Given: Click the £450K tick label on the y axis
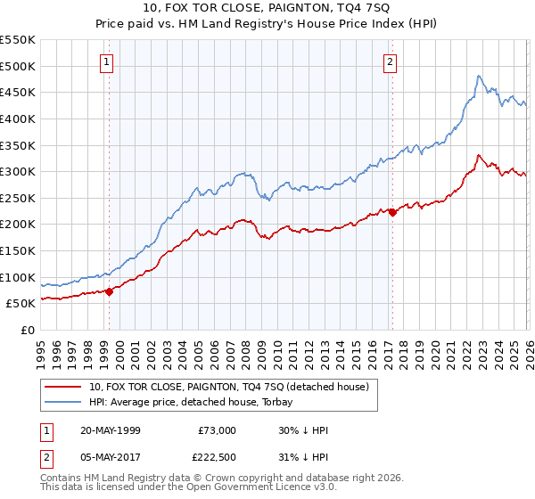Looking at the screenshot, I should (18, 92).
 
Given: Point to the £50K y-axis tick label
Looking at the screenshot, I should (21, 304).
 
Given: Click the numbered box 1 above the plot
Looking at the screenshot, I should (107, 61).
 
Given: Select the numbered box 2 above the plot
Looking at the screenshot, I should (391, 61).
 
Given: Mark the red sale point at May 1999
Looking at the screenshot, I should (110, 291).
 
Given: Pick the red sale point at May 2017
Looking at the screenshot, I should (392, 212).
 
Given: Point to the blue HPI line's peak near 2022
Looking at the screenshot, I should (479, 77).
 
